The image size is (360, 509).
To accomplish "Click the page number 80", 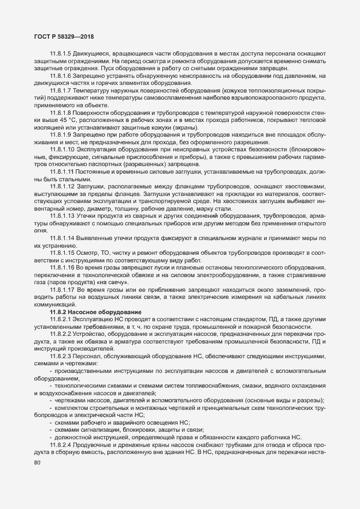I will (37, 463).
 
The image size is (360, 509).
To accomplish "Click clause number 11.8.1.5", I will (61, 54).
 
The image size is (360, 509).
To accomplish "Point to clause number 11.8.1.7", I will (61, 89).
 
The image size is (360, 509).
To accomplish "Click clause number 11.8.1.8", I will (61, 111).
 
